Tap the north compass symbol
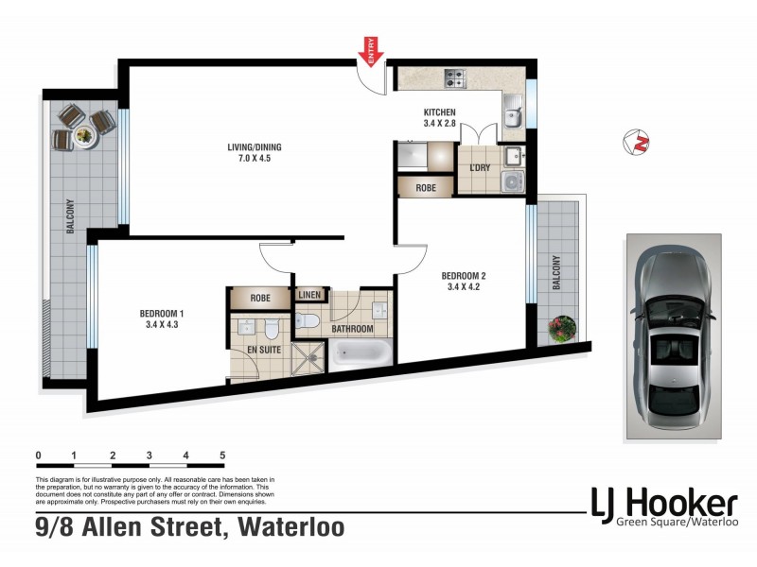pyautogui.click(x=640, y=143)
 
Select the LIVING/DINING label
pyautogui.click(x=254, y=147)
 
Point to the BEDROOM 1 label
pyautogui.click(x=162, y=314)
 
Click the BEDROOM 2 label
pyautogui.click(x=465, y=277)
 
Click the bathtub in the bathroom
pyautogui.click(x=360, y=355)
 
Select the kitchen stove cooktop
pyautogui.click(x=453, y=77)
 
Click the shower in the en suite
pyautogui.click(x=308, y=359)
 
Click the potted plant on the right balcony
pyautogui.click(x=562, y=328)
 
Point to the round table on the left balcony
pyautogui.click(x=84, y=134)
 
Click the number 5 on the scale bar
pyautogui.click(x=222, y=455)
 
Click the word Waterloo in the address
pyautogui.click(x=292, y=527)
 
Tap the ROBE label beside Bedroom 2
pyautogui.click(x=426, y=187)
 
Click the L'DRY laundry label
pyautogui.click(x=479, y=168)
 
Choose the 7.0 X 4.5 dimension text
pyautogui.click(x=254, y=160)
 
